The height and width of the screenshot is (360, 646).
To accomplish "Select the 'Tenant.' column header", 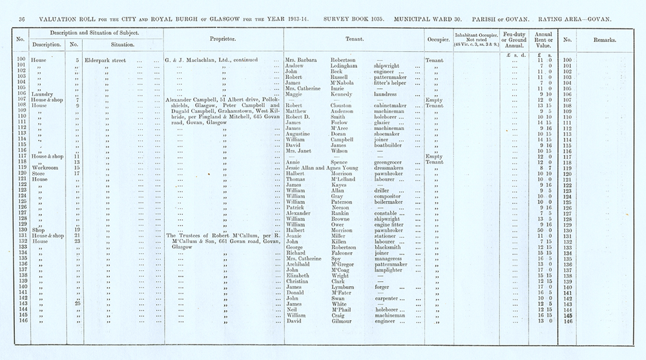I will click(352, 39).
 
